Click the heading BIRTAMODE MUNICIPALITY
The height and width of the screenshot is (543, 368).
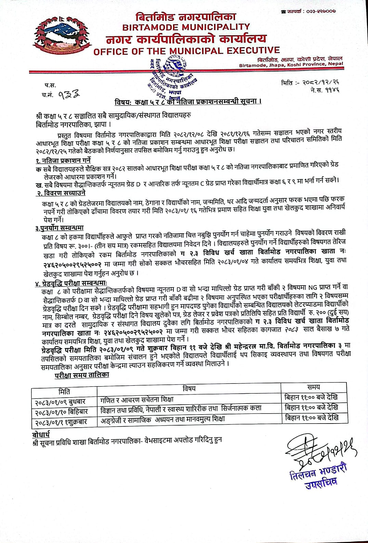click(x=186, y=27)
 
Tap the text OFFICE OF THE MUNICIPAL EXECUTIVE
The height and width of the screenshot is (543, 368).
click(x=186, y=51)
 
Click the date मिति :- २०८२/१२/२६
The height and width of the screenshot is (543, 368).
click(x=310, y=83)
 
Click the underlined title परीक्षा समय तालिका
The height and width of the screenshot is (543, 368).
click(x=82, y=375)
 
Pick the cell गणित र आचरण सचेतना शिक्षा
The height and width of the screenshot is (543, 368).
click(x=137, y=399)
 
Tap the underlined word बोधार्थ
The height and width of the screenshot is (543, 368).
click(x=41, y=434)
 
